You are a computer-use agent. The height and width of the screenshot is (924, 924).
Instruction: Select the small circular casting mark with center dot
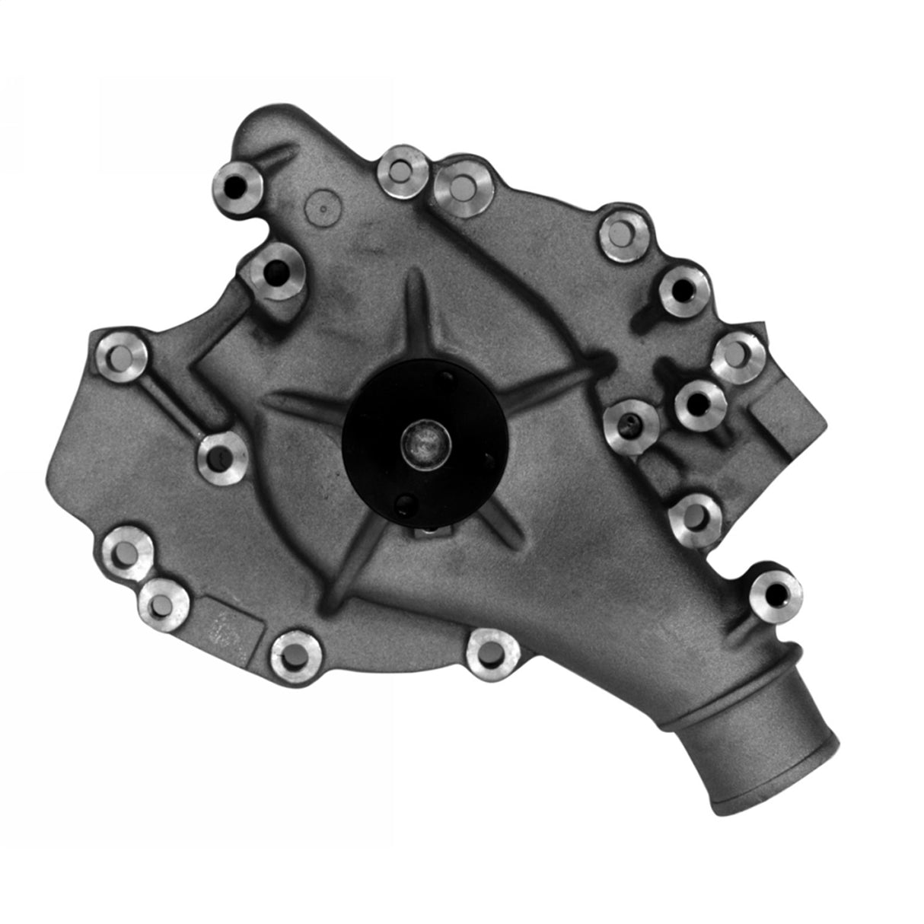point(320,206)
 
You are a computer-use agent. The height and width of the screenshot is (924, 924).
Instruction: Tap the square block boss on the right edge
point(788,419)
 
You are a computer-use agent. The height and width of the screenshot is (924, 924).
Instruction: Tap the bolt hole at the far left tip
point(122,355)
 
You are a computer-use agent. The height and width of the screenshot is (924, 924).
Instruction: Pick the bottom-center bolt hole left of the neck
point(493,653)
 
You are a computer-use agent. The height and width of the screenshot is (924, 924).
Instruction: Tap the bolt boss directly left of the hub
point(222,457)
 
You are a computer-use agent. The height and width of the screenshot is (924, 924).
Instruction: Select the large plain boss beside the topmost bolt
point(462,186)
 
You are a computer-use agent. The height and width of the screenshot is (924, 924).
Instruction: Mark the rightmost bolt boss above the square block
point(738,356)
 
